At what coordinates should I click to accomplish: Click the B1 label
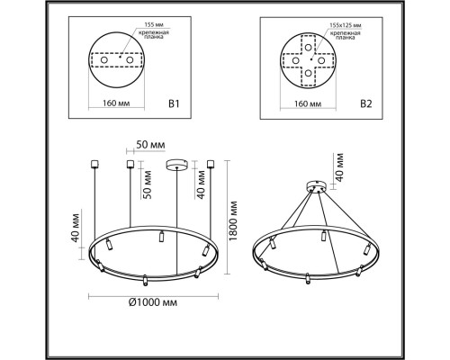point(174,103)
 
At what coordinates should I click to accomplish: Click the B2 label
point(365,103)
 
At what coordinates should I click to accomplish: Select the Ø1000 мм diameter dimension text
point(153,302)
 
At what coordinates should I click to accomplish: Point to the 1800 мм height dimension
point(233,220)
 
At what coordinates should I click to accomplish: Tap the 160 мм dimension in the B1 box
point(116,103)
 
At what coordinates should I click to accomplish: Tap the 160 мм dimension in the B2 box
point(308,103)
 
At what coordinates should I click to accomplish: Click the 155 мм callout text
point(154,24)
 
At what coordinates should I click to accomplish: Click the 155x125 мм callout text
point(345,25)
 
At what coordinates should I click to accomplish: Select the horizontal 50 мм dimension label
point(150,145)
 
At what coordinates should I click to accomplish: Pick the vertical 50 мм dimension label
point(148,184)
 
